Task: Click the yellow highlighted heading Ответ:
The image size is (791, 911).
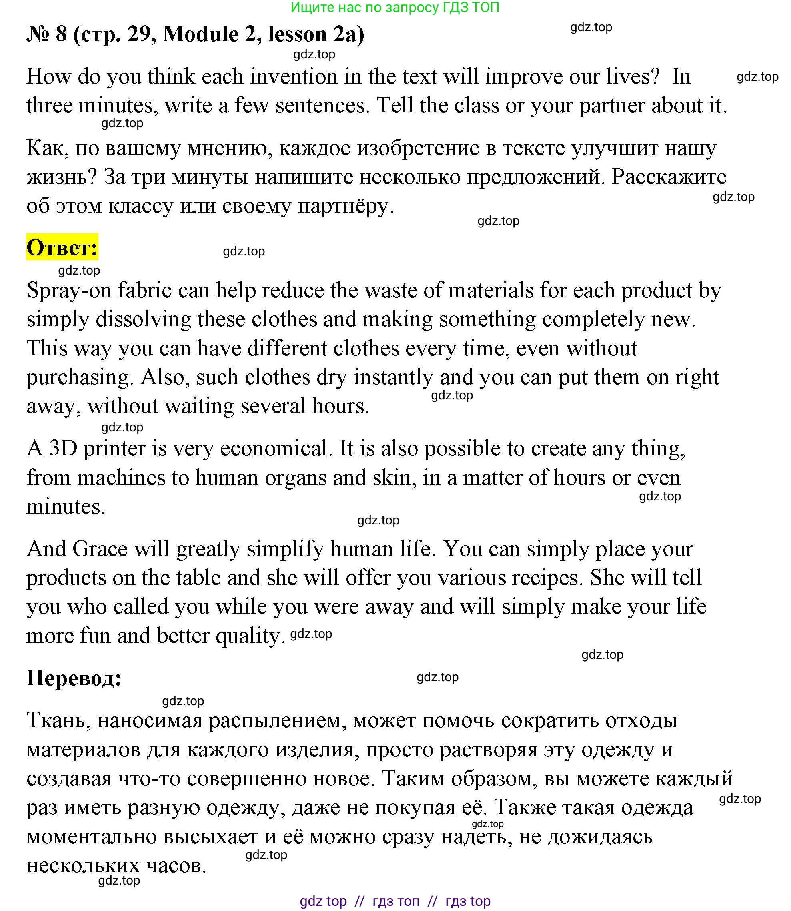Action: point(62,247)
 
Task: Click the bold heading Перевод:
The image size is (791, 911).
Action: point(74,678)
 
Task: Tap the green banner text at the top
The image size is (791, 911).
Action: point(395,8)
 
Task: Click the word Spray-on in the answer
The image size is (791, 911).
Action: point(69,291)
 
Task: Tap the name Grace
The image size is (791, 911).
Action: point(100,549)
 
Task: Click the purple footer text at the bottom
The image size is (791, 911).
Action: point(395,901)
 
